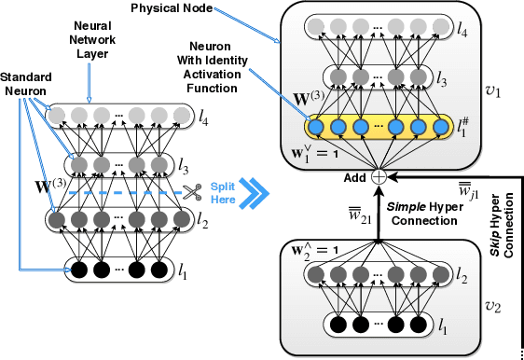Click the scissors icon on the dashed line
(194, 192)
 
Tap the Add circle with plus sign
(379, 176)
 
